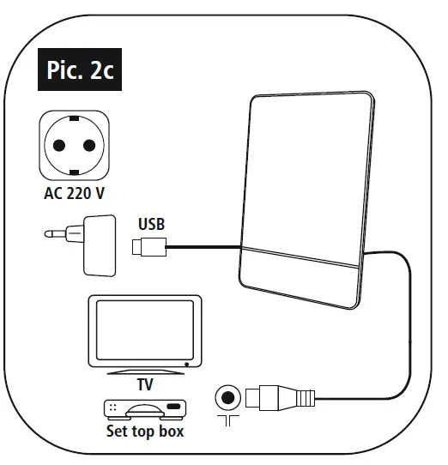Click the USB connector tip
148,248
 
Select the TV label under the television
145,384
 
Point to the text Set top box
144,431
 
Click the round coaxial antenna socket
227,397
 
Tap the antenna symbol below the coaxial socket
227,422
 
